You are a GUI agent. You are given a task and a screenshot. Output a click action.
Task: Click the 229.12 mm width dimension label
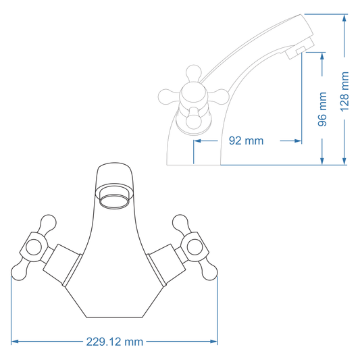point(115,342)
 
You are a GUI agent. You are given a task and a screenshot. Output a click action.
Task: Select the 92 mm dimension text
point(246,141)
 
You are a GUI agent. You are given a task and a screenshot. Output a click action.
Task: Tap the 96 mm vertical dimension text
point(323,109)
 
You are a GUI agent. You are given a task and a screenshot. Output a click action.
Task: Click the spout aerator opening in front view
point(115,200)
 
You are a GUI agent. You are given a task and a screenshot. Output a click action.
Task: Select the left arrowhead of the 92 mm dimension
point(197,141)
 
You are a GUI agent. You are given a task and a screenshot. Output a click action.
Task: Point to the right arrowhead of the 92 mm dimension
point(298,141)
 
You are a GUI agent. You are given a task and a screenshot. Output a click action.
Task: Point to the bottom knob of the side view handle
point(194,122)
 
